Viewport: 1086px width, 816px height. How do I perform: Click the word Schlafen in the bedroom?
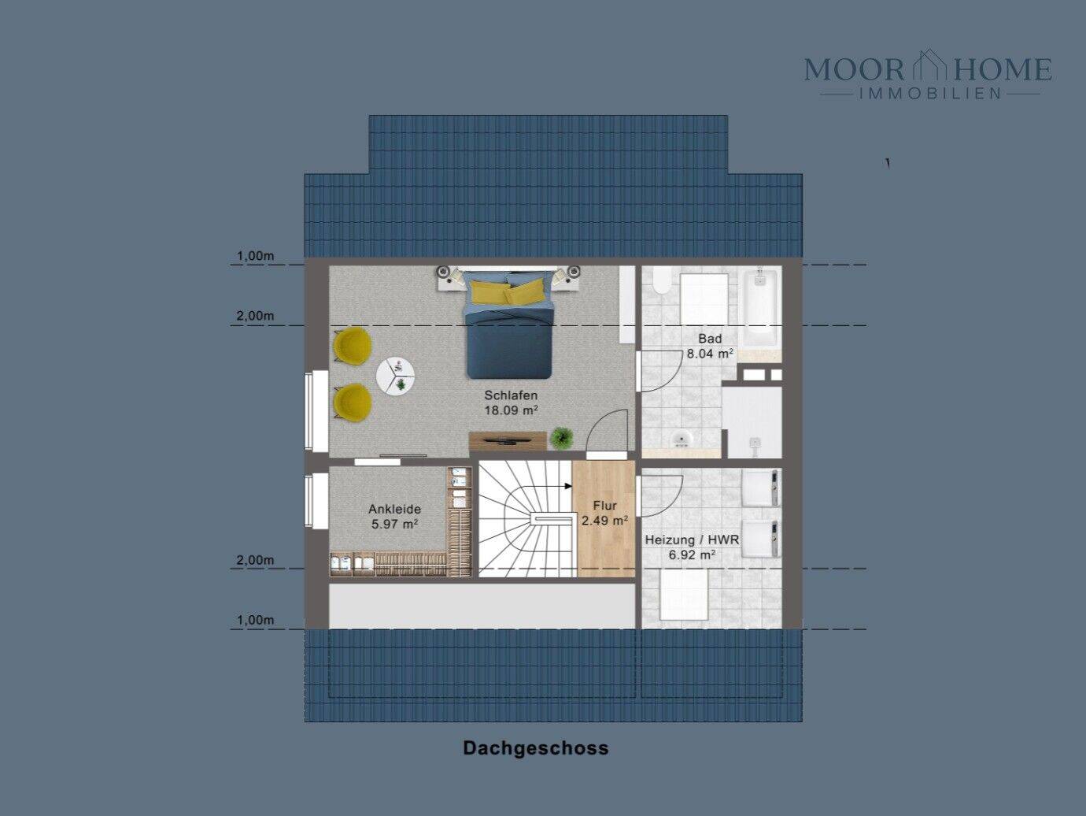[x=511, y=395]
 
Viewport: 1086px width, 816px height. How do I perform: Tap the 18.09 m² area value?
[x=511, y=410]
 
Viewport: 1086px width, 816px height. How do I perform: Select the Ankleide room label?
[x=394, y=509]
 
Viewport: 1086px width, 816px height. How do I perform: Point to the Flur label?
[x=604, y=506]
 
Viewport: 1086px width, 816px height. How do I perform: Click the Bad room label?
[x=710, y=339]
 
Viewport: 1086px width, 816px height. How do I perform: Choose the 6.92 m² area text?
[x=692, y=555]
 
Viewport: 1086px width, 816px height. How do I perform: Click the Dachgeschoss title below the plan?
[x=535, y=747]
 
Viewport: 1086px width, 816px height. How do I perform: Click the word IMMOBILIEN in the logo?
[x=931, y=93]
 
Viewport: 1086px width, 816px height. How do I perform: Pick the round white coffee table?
[x=395, y=376]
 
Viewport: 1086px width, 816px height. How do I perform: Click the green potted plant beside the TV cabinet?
[x=561, y=438]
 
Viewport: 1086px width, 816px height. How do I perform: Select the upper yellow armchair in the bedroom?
[x=352, y=346]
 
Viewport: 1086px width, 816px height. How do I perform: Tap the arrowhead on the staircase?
[x=568, y=486]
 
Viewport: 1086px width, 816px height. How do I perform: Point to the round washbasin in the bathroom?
[x=682, y=439]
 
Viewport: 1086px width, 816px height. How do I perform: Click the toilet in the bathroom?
[x=661, y=280]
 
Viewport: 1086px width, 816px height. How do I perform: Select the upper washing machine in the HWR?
[x=761, y=488]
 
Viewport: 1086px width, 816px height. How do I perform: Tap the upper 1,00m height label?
[x=255, y=256]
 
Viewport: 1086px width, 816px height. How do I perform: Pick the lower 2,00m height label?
[x=255, y=560]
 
